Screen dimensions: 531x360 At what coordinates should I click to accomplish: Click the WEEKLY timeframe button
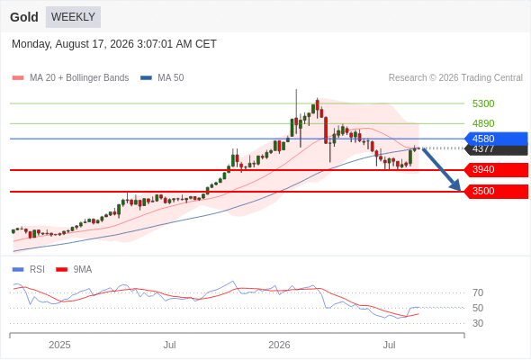pyautogui.click(x=73, y=17)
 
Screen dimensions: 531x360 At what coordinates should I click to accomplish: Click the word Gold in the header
pyautogui.click(x=24, y=17)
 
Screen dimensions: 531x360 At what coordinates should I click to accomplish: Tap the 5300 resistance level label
pyautogui.click(x=483, y=103)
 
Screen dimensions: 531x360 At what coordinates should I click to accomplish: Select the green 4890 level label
pyautogui.click(x=483, y=123)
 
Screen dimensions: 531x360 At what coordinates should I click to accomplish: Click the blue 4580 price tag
pyautogui.click(x=496, y=139)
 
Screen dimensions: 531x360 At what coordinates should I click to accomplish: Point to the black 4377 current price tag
pyautogui.click(x=497, y=149)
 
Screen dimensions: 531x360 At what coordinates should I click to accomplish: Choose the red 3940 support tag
pyautogui.click(x=496, y=170)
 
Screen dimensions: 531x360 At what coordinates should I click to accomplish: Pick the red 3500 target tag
pyautogui.click(x=496, y=192)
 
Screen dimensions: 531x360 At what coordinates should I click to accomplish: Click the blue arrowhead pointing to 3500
pyautogui.click(x=456, y=186)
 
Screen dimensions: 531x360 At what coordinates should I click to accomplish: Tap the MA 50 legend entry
pyautogui.click(x=162, y=78)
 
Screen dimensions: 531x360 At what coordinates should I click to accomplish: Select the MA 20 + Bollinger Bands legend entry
pyautogui.click(x=70, y=78)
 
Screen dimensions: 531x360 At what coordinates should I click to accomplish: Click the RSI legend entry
pyautogui.click(x=29, y=270)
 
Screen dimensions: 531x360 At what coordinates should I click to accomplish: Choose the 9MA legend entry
pyautogui.click(x=74, y=270)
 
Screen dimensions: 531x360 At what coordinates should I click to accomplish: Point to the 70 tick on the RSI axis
pyautogui.click(x=478, y=292)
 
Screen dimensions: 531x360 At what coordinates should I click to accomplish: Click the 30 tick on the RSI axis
pyautogui.click(x=478, y=323)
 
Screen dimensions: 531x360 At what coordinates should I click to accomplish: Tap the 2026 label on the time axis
pyautogui.click(x=279, y=345)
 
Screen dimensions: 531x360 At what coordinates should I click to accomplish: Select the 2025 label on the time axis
pyautogui.click(x=59, y=345)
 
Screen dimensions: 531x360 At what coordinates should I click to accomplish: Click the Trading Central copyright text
pyautogui.click(x=455, y=78)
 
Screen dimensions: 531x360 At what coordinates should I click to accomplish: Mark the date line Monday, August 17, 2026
pyautogui.click(x=114, y=44)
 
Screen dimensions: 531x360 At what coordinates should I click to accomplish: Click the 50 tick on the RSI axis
pyautogui.click(x=478, y=308)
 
